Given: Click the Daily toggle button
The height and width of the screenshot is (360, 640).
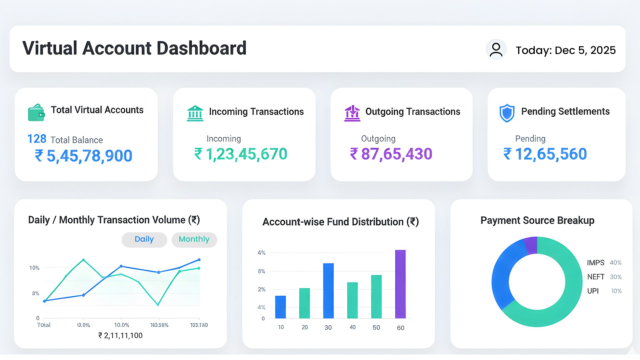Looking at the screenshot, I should pyautogui.click(x=144, y=240).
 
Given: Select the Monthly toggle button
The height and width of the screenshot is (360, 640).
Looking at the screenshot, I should pyautogui.click(x=194, y=240).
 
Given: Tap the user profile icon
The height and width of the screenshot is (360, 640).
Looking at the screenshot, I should pyautogui.click(x=496, y=50).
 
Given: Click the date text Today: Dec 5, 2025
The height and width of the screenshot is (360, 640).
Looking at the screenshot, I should pyautogui.click(x=565, y=50).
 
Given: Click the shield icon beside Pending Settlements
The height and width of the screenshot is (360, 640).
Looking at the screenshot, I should pyautogui.click(x=507, y=113).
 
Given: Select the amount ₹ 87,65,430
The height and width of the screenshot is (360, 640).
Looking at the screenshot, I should pyautogui.click(x=391, y=154).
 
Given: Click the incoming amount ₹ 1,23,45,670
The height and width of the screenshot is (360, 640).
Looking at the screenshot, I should pyautogui.click(x=241, y=154).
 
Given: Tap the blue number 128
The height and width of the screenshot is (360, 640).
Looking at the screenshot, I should pyautogui.click(x=37, y=139).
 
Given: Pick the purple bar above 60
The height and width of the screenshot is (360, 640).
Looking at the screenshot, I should pyautogui.click(x=400, y=284).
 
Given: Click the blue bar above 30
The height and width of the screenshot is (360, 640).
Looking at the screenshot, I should pyautogui.click(x=328, y=291).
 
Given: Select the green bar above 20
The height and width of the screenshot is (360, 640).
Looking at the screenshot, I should pyautogui.click(x=304, y=303).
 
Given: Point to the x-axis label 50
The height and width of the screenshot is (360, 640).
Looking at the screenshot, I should pyautogui.click(x=376, y=328).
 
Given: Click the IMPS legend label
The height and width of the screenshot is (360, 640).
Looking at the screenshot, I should pyautogui.click(x=595, y=263).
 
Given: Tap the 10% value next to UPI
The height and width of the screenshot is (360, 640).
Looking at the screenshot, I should pyautogui.click(x=616, y=291).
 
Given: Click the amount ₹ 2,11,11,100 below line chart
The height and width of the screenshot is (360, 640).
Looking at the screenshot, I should pyautogui.click(x=120, y=336).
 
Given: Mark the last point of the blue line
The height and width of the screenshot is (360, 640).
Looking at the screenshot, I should pyautogui.click(x=199, y=260).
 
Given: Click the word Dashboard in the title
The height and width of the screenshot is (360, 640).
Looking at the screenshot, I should pyautogui.click(x=201, y=48).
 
